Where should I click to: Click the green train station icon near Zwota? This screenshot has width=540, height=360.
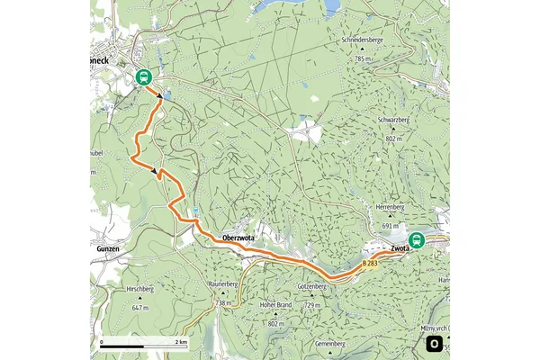click(x=415, y=240)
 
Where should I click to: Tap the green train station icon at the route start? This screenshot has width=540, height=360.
click(x=143, y=77)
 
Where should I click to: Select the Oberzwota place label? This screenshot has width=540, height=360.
click(x=239, y=238)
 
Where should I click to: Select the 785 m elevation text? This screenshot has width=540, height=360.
click(x=362, y=58)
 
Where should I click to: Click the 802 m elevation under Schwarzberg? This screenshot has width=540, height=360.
click(x=395, y=139)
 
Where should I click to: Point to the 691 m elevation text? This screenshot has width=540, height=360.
click(x=389, y=226)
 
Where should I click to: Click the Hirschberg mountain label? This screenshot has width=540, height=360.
click(x=141, y=290)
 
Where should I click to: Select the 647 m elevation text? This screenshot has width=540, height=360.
click(x=138, y=308)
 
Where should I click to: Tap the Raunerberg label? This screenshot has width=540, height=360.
click(x=221, y=284)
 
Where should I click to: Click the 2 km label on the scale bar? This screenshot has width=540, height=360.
click(x=180, y=343)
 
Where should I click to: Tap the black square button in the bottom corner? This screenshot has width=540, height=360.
click(x=435, y=345)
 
